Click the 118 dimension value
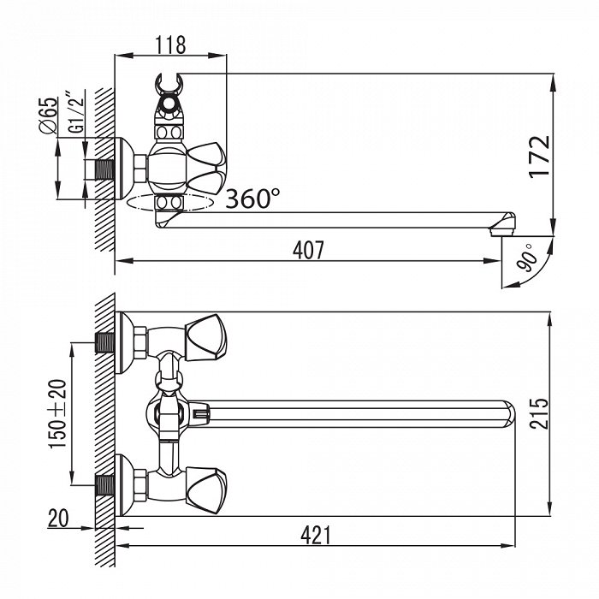170,45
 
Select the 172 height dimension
539,157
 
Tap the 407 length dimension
308,250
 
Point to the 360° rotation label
252,199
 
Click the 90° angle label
526,258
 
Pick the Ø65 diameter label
49,116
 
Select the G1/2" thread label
77,111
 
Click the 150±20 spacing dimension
57,413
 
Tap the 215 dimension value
538,413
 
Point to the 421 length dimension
316,535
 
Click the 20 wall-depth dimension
58,519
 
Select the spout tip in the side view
503,224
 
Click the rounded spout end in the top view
509,413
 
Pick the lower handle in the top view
206,490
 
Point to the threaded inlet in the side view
104,169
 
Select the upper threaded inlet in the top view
104,342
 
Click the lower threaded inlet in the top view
104,485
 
